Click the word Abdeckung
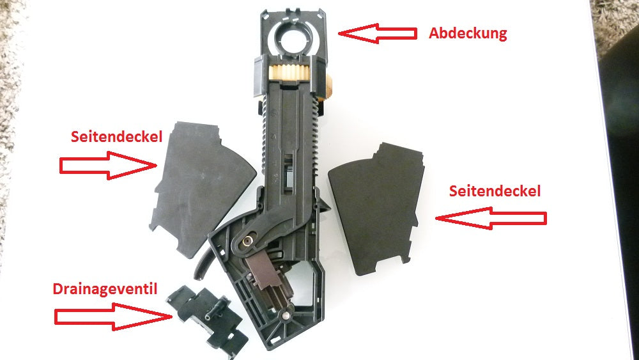(x=468, y=33)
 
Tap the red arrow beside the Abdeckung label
(x=378, y=33)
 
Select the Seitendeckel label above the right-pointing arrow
(x=116, y=137)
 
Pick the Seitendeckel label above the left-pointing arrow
(x=495, y=191)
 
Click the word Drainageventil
(x=105, y=289)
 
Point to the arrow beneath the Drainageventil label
(x=113, y=317)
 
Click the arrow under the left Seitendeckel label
(x=109, y=165)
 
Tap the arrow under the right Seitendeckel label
(x=491, y=219)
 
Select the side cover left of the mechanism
(x=202, y=189)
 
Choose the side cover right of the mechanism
(x=376, y=208)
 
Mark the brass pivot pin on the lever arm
(x=247, y=242)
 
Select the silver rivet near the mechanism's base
(x=287, y=316)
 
